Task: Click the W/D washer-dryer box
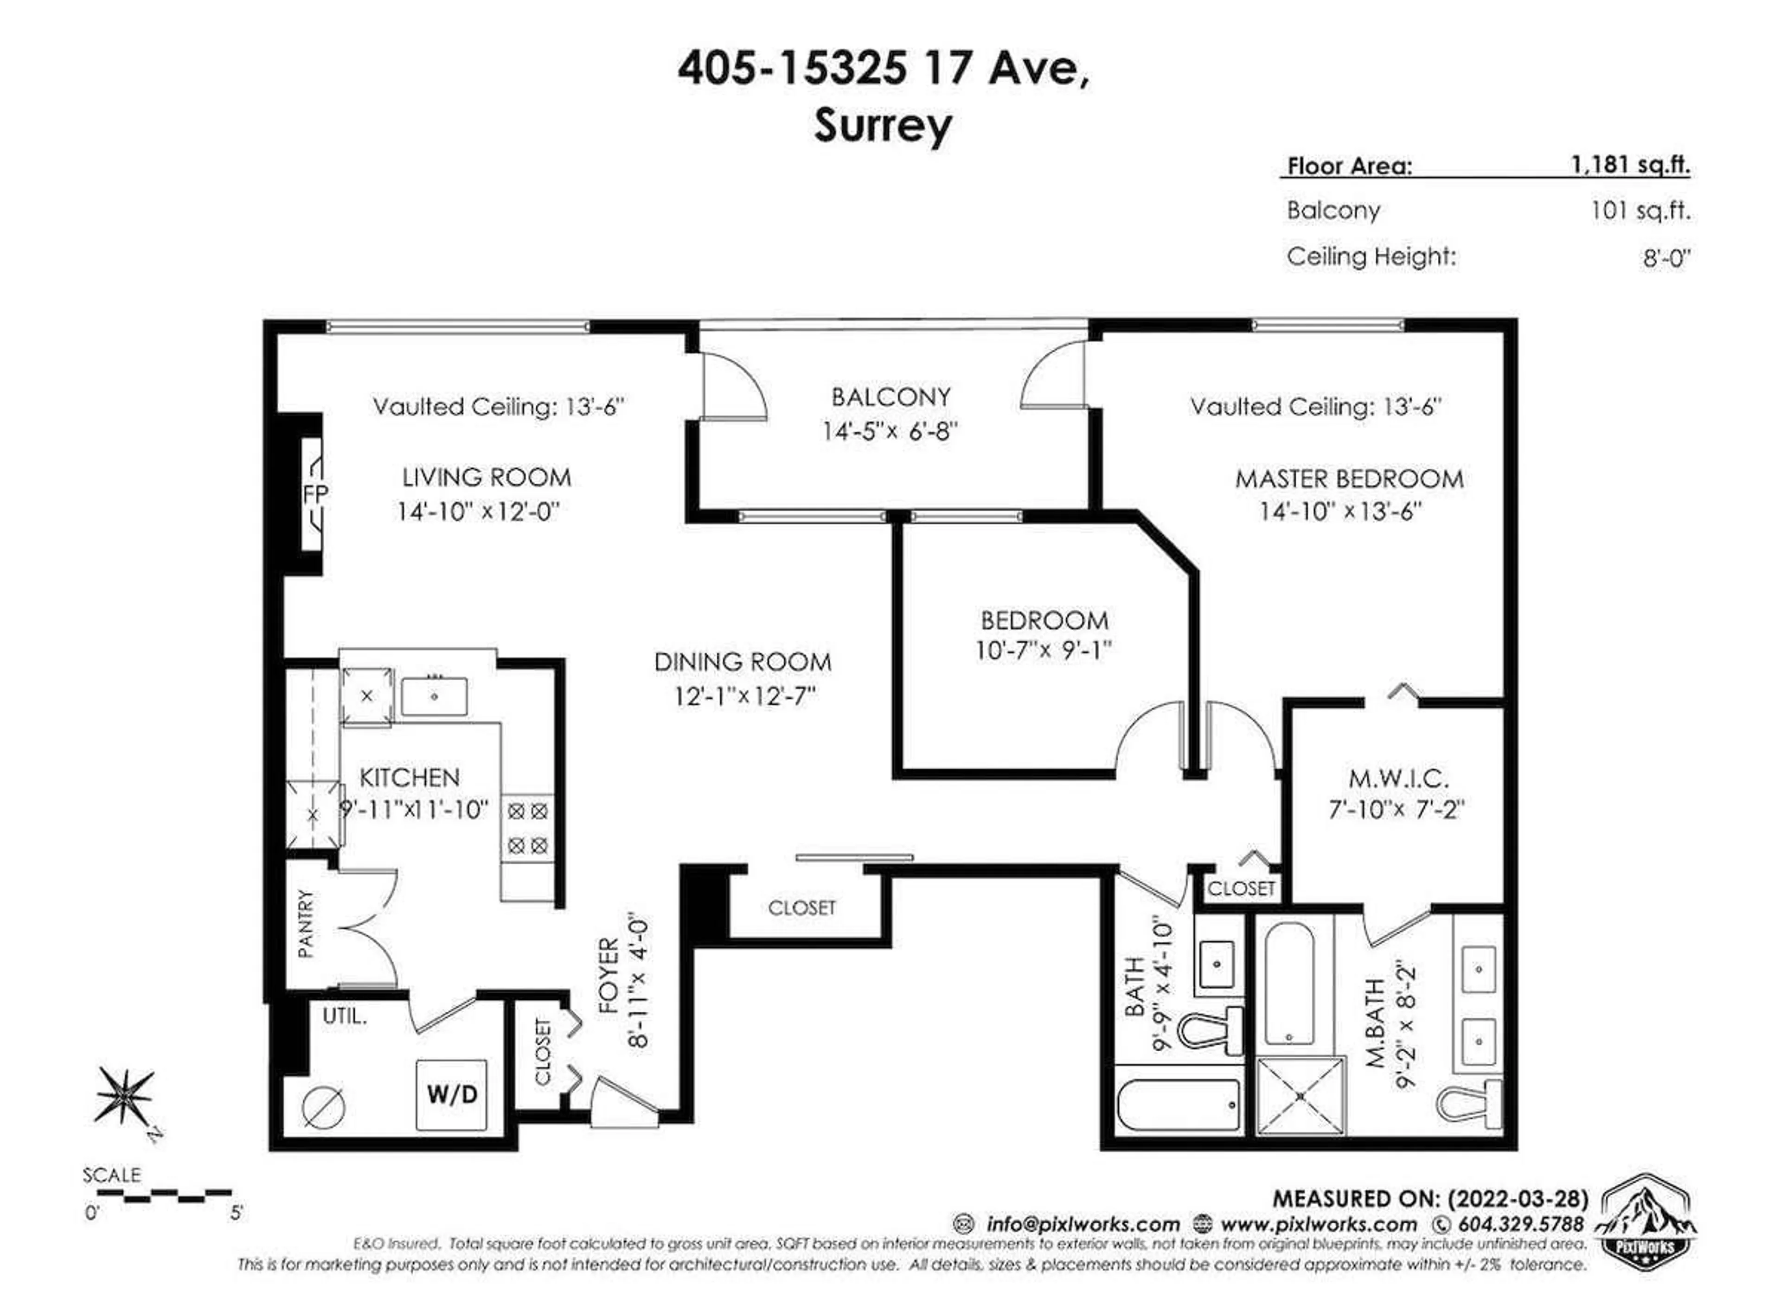452,1093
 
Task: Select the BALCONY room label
890,397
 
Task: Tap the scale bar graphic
163,1196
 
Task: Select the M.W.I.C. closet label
1398,779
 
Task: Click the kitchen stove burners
527,828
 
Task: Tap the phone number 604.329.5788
1520,1224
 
